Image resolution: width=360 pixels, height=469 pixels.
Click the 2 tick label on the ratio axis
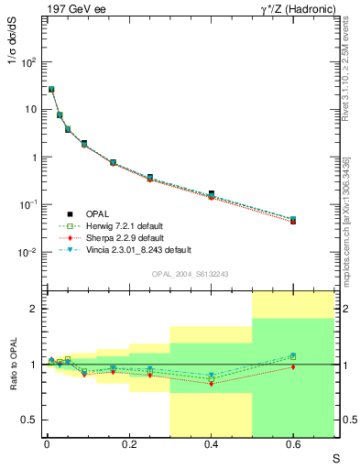32,309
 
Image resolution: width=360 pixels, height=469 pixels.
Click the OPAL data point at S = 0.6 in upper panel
293,221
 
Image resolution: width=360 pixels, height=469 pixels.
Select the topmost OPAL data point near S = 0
51,90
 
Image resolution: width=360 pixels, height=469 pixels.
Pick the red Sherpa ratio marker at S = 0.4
211,383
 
